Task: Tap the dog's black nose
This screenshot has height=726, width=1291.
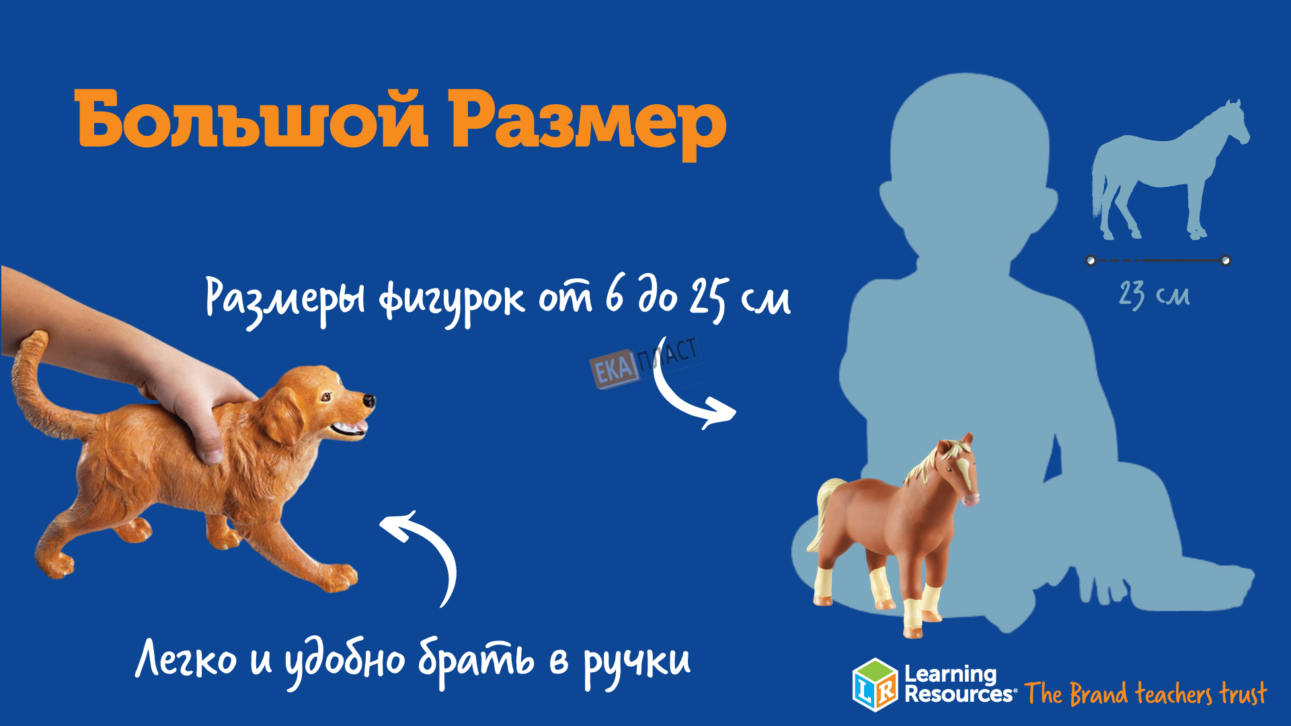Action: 369,401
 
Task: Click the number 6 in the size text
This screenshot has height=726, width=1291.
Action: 615,295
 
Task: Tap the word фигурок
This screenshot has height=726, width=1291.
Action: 451,300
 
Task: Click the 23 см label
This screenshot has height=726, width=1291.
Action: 1154,295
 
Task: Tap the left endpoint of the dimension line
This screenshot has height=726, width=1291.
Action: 1091,260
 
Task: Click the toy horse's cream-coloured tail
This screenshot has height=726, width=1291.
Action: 823,511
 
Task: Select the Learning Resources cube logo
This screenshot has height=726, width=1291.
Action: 875,684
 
